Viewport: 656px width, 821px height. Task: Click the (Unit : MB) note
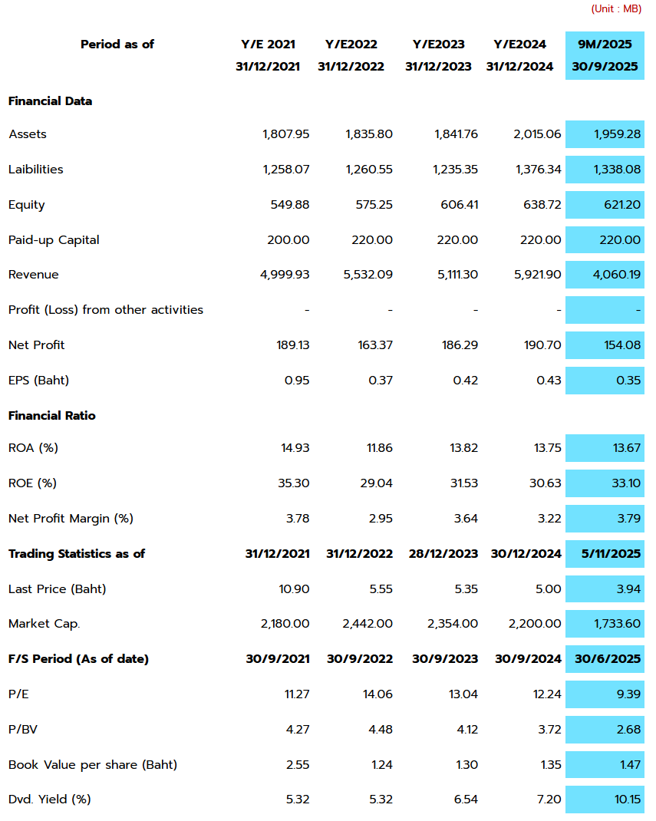616,9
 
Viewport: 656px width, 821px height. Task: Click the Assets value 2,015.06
537,134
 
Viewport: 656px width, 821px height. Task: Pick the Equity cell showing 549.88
290,205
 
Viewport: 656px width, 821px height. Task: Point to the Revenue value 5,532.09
368,275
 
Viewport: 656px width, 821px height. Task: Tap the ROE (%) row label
32,483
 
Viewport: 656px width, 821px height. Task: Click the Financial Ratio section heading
52,416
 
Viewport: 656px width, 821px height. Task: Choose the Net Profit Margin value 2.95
381,519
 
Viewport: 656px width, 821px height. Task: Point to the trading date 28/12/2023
441,554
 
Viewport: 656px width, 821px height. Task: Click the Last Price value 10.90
295,589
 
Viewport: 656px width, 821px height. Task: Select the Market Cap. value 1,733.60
617,624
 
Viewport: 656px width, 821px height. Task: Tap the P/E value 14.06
377,694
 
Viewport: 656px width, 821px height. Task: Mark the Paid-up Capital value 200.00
288,240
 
